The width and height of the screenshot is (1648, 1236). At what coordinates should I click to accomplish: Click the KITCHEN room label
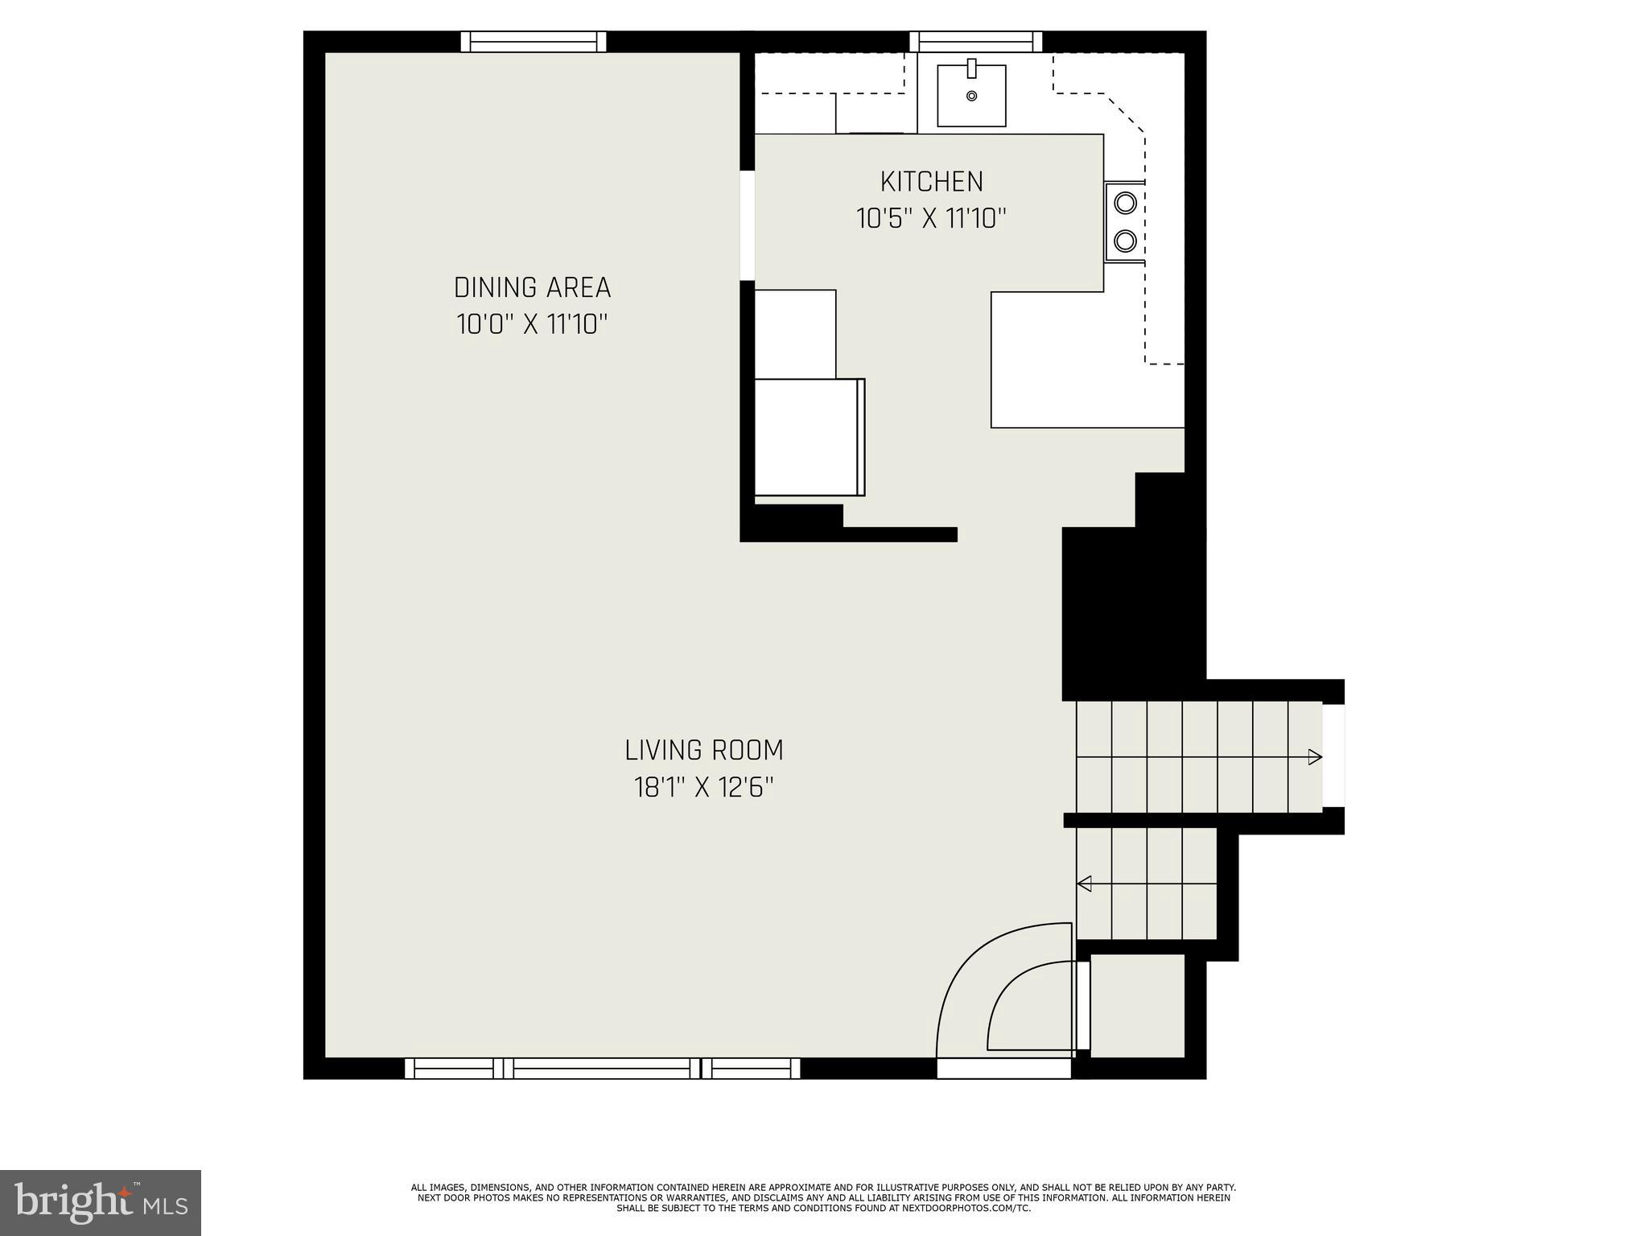[931, 182]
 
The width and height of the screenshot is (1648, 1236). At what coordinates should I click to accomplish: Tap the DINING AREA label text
[532, 287]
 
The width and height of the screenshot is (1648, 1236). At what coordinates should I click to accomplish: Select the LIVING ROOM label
[703, 750]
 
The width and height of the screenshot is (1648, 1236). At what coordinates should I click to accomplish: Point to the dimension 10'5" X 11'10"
[931, 218]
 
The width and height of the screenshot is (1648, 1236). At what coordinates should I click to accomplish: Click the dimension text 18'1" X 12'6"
[703, 787]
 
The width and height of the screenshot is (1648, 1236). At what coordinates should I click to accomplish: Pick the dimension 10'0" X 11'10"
[532, 324]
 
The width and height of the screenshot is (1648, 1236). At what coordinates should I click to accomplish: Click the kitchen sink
[971, 96]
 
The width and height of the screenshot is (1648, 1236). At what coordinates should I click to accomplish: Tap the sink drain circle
[971, 97]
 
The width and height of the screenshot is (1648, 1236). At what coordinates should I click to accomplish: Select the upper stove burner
[1125, 202]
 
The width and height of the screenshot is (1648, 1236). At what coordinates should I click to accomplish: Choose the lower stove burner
[1125, 240]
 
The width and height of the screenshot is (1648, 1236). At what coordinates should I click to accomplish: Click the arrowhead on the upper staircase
[1314, 756]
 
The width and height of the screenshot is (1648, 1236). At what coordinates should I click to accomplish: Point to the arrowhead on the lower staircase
[1084, 884]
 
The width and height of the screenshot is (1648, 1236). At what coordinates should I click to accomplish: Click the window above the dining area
[533, 41]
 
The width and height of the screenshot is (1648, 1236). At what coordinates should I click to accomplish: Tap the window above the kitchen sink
[975, 41]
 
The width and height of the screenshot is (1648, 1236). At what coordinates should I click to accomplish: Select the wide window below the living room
[602, 1068]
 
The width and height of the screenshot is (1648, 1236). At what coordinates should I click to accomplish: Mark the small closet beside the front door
[1137, 1006]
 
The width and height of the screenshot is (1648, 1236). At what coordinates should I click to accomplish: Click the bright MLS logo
[101, 1203]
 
